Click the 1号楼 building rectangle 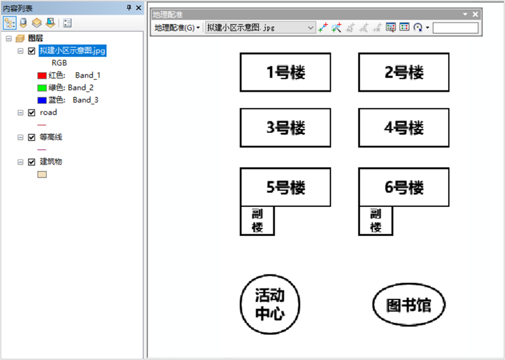click(x=285, y=72)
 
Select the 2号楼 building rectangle click(x=404, y=72)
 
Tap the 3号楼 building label click(x=285, y=128)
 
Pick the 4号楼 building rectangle click(x=404, y=128)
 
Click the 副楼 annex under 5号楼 click(x=257, y=221)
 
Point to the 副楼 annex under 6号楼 click(x=375, y=221)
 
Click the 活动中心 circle click(x=270, y=305)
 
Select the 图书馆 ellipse click(x=409, y=305)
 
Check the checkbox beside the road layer click(x=32, y=113)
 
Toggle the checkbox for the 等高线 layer click(x=32, y=137)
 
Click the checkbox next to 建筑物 click(x=32, y=162)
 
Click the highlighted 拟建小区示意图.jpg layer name click(x=72, y=51)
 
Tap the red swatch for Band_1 click(x=42, y=76)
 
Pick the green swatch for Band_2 click(x=42, y=88)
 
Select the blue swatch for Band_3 click(x=42, y=100)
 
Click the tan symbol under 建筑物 click(x=42, y=174)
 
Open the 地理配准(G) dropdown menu click(x=177, y=28)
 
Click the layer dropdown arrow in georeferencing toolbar click(x=310, y=28)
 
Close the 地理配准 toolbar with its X click(x=475, y=14)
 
